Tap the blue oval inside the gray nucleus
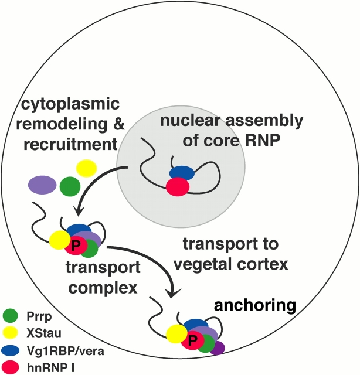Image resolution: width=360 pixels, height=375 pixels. pos(182,173)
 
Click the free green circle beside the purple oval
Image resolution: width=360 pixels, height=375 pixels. pos(70,187)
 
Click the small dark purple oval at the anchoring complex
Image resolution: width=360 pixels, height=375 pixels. pos(218,348)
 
